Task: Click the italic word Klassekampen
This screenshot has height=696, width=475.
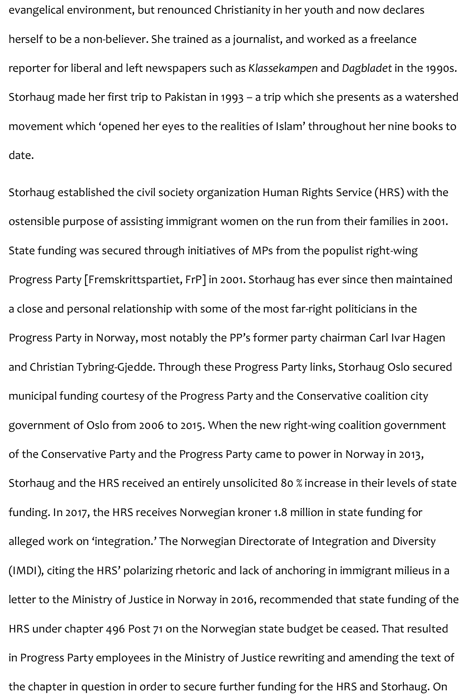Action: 283,68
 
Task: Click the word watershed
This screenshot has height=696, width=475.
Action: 431,97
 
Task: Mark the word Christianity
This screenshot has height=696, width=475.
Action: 242,10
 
